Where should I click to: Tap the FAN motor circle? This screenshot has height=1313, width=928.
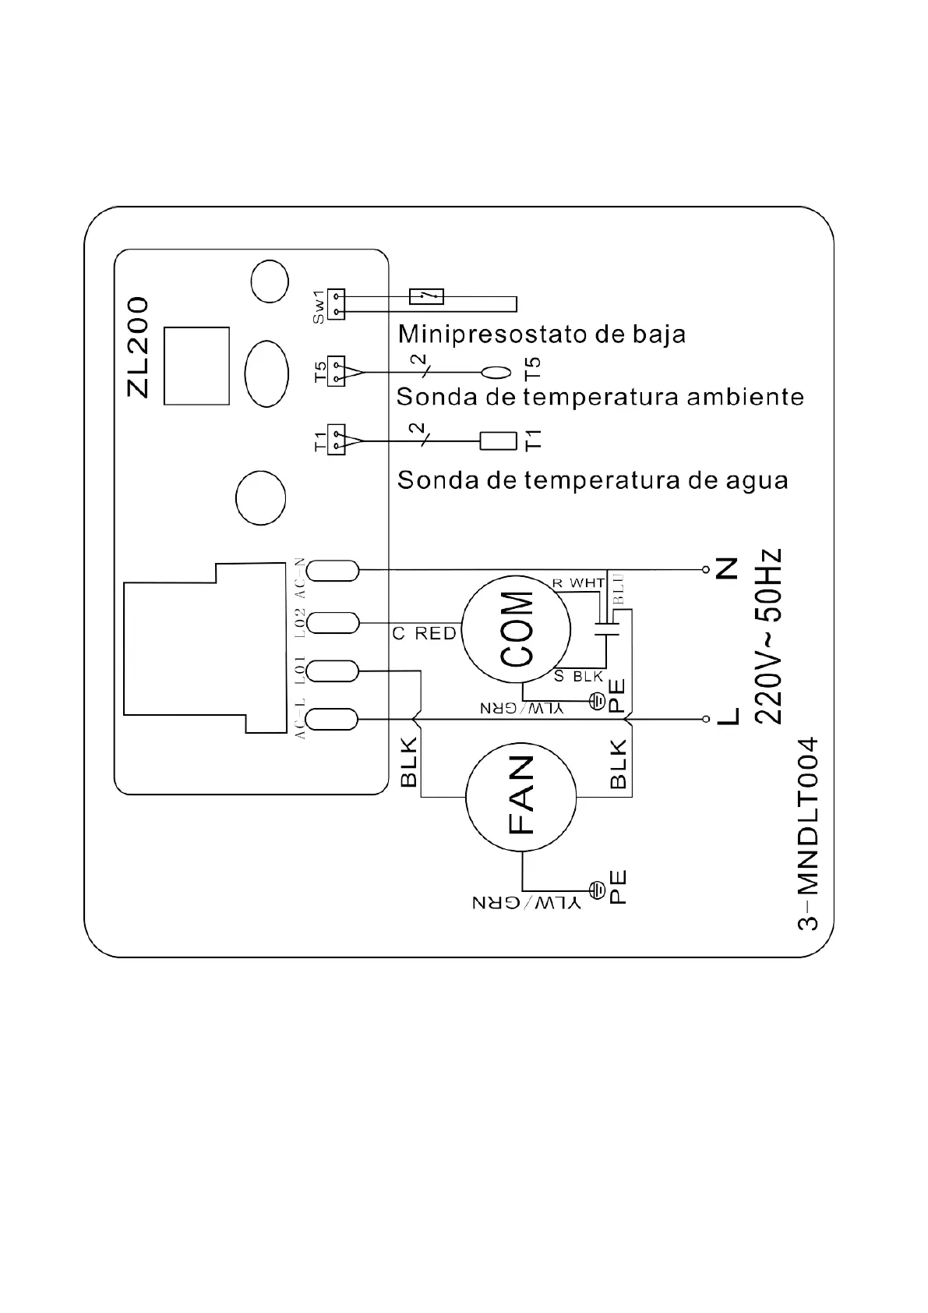tap(520, 796)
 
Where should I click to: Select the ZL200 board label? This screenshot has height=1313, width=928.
tap(138, 347)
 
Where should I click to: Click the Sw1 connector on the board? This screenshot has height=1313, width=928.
tap(336, 304)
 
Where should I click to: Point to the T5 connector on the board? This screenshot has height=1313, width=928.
tap(336, 371)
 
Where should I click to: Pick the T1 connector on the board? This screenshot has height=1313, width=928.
tap(336, 440)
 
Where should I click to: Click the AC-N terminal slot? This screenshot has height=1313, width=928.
tap(333, 572)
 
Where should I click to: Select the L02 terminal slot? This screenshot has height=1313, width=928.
tap(333, 622)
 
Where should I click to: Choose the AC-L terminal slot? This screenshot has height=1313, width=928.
tap(333, 718)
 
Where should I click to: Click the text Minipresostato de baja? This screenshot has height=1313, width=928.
tap(542, 334)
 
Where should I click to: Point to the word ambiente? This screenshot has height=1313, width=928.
tap(744, 397)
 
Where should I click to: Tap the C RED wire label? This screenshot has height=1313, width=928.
tap(425, 634)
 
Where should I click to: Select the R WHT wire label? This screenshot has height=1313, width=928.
tap(578, 583)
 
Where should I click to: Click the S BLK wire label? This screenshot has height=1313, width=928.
tap(578, 676)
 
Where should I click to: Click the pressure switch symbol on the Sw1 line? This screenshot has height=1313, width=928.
tap(426, 296)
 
